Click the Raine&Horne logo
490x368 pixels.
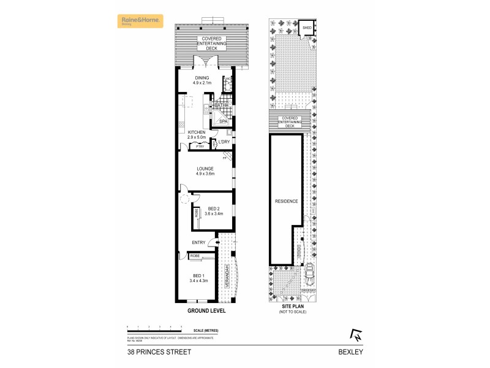(x=141, y=22)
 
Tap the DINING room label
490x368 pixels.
(x=202, y=78)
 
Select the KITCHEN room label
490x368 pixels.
(x=196, y=132)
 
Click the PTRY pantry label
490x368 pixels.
(x=200, y=147)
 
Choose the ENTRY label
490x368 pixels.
(x=198, y=242)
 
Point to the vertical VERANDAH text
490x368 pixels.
(x=226, y=276)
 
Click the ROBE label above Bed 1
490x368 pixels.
(x=195, y=255)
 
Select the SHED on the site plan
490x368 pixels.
(x=306, y=28)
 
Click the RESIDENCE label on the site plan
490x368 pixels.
(x=286, y=201)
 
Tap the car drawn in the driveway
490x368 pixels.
(x=311, y=269)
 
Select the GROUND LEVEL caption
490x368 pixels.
(x=206, y=311)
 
